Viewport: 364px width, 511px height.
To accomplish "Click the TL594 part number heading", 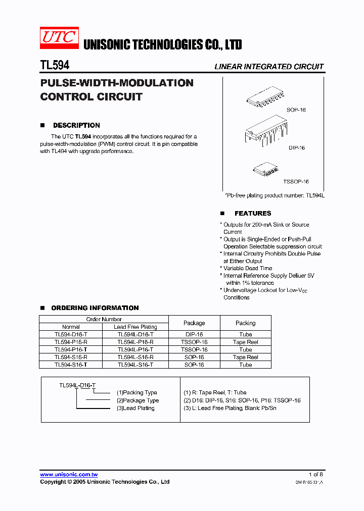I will (x=55, y=65).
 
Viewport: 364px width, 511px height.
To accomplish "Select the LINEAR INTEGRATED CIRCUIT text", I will (x=269, y=67).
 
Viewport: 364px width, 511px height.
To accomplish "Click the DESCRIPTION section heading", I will (x=76, y=125).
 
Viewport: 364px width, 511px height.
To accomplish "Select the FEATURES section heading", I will (x=253, y=214).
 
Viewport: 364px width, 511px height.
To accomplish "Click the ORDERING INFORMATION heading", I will (x=95, y=308).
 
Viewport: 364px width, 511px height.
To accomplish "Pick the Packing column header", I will (x=246, y=323).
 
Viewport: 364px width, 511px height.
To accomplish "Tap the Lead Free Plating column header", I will (x=135, y=327).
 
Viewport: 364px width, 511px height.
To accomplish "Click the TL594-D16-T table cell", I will (x=71, y=334).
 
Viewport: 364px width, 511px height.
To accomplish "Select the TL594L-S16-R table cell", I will (x=135, y=357).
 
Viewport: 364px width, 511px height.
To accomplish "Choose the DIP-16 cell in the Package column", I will (x=194, y=334).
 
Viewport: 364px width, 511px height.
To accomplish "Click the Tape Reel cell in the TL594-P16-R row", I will (x=246, y=342).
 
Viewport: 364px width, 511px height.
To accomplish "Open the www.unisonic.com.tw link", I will (x=69, y=474).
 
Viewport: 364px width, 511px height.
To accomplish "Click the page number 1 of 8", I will (x=315, y=474).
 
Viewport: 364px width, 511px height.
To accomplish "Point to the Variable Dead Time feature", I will (x=248, y=268).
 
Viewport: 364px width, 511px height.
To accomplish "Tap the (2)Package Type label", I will (x=138, y=400).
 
